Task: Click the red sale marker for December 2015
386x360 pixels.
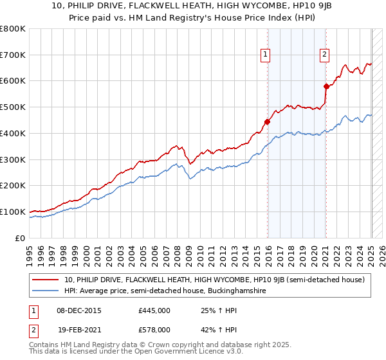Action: (267, 122)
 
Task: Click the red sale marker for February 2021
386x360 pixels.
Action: (326, 86)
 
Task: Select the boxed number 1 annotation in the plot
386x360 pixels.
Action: (266, 55)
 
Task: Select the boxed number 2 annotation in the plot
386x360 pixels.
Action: (325, 55)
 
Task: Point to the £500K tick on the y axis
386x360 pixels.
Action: (13, 107)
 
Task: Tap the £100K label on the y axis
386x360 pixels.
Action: (13, 212)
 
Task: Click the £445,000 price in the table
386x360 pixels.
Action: (154, 310)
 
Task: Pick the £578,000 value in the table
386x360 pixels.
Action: (154, 329)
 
